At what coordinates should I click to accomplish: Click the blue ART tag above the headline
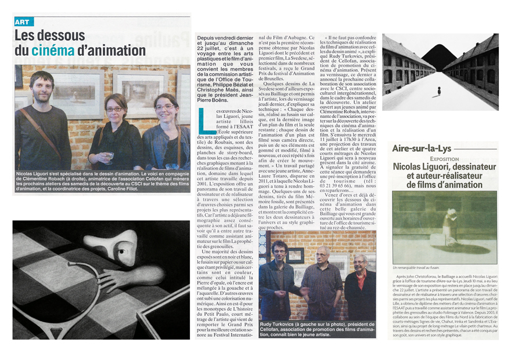pos(23,21)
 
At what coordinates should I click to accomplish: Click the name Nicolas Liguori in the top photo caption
pos(35,174)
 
